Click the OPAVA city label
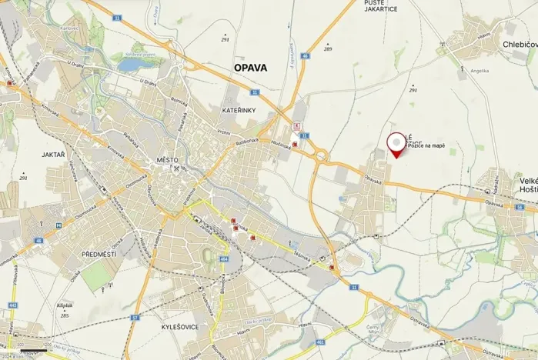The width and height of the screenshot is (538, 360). pyautogui.click(x=250, y=68)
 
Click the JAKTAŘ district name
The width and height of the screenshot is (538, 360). pyautogui.click(x=53, y=155)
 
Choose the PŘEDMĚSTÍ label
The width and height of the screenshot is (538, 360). pyautogui.click(x=98, y=253)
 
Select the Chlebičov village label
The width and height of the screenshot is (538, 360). pyautogui.click(x=520, y=45)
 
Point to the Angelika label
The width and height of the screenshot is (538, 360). pyautogui.click(x=480, y=70)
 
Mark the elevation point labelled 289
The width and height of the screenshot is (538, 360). pyautogui.click(x=327, y=49)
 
